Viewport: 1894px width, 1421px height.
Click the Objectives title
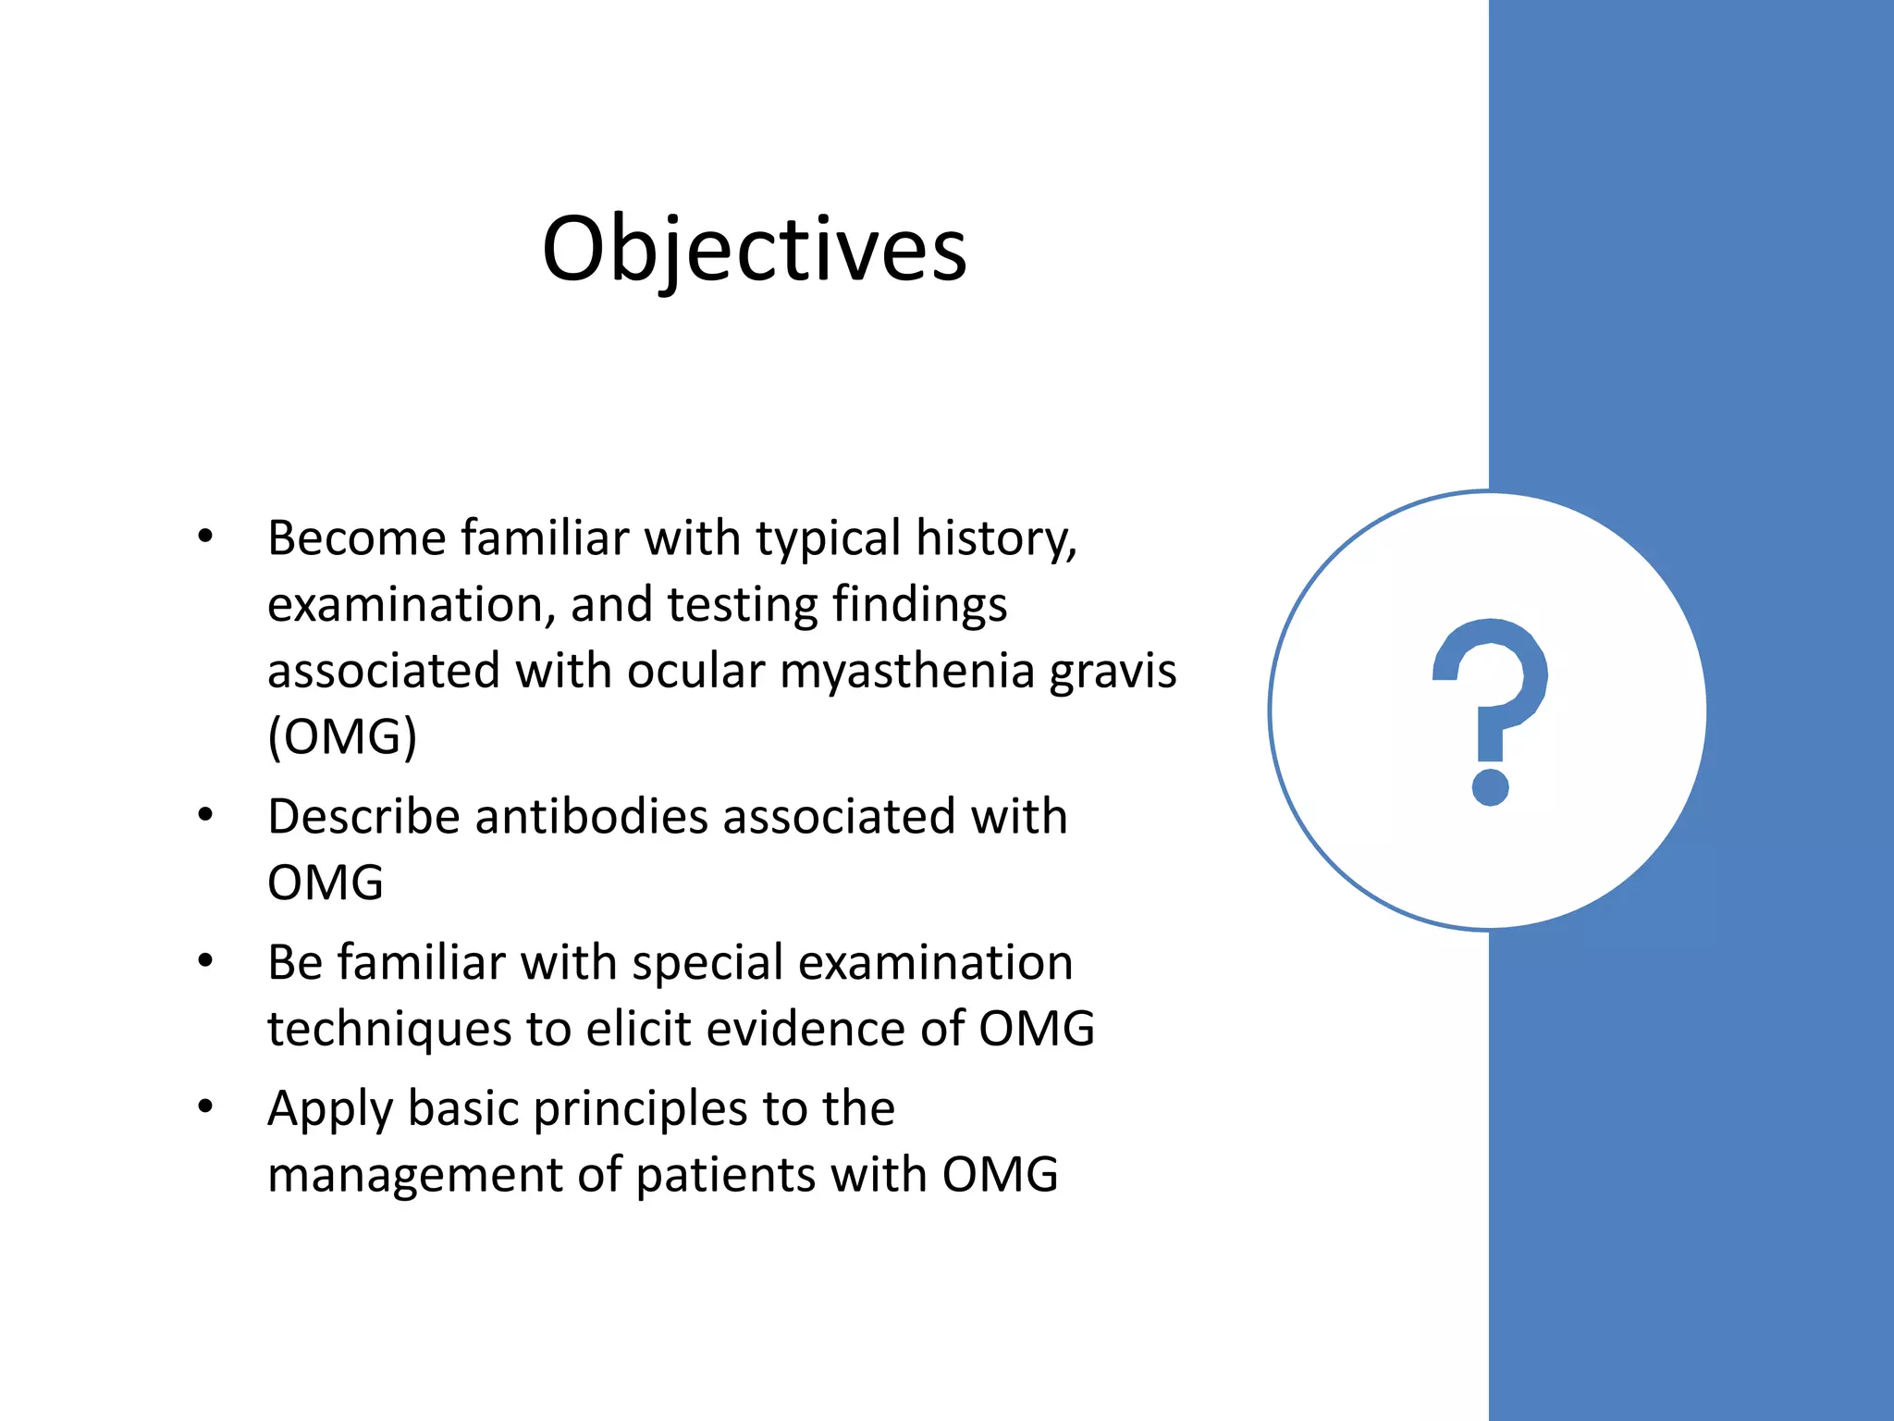click(x=754, y=248)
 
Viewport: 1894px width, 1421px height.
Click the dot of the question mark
click(x=1490, y=786)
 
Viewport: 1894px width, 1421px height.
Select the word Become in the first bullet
click(x=357, y=538)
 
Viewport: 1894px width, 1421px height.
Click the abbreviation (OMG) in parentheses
click(x=342, y=736)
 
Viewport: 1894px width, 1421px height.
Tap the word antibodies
click(x=591, y=816)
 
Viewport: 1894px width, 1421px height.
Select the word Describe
click(x=363, y=816)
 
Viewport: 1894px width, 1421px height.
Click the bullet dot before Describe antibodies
click(x=205, y=814)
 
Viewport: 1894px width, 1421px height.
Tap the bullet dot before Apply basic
click(x=205, y=1106)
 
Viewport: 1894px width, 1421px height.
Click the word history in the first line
click(x=995, y=538)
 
